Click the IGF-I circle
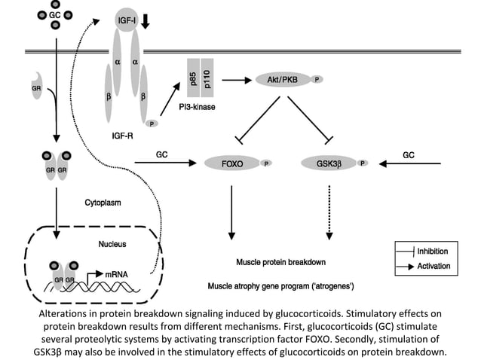[x=127, y=20]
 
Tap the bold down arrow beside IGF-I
[x=146, y=20]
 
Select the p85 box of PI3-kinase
[x=194, y=78]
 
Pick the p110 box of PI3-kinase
[x=207, y=78]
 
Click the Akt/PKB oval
[x=283, y=80]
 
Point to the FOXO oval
[x=232, y=163]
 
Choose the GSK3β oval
[x=329, y=163]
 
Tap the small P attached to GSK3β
[x=363, y=163]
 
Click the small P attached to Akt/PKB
[x=317, y=80]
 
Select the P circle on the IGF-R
[x=152, y=124]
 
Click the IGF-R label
[x=123, y=136]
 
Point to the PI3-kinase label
[x=197, y=107]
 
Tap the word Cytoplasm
[x=103, y=203]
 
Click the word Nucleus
[x=112, y=244]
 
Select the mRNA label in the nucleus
[x=116, y=275]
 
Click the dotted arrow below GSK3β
[x=329, y=212]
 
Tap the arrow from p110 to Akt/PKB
[x=237, y=81]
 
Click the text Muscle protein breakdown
[x=281, y=262]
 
